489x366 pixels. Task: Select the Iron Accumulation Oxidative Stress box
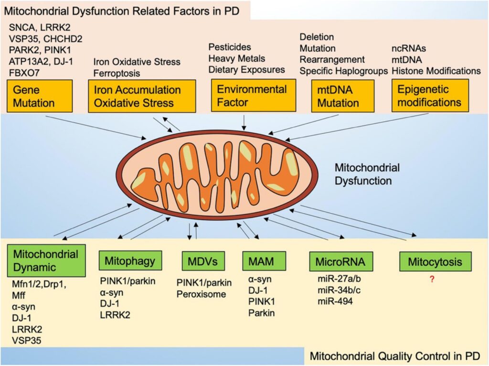point(142,96)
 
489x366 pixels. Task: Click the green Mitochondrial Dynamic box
point(46,260)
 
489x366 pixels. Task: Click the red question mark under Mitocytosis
point(432,280)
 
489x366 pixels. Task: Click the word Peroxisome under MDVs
point(201,294)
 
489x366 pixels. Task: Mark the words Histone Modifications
point(436,71)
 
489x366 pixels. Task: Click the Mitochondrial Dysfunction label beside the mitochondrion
point(367,174)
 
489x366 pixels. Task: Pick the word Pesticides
point(230,47)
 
